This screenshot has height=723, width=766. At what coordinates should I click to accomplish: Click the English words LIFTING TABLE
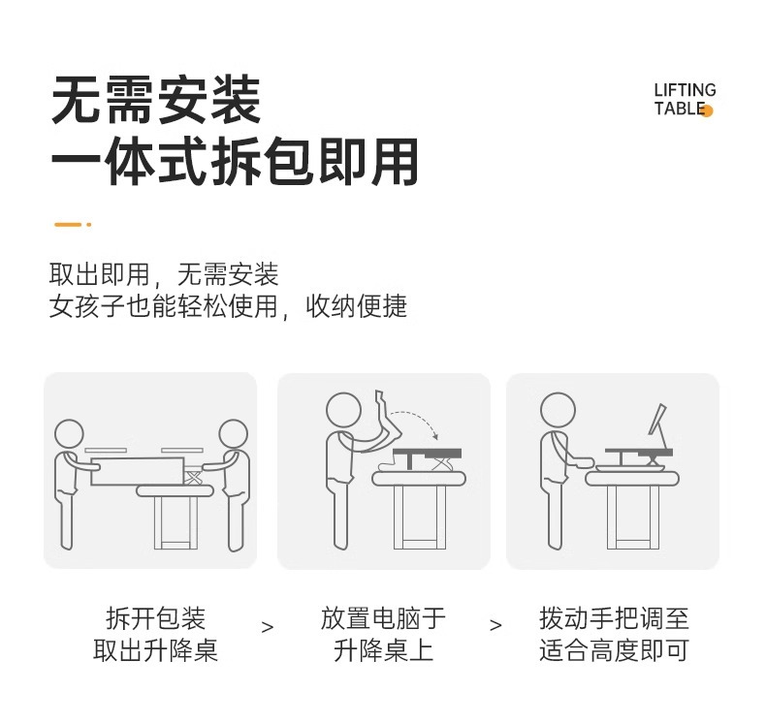(685, 99)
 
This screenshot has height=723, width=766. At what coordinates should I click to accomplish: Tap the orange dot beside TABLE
(707, 110)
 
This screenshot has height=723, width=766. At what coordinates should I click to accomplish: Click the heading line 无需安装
(156, 100)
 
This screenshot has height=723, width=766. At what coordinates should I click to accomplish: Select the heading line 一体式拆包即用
(235, 161)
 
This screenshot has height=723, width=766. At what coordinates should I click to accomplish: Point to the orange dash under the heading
(73, 225)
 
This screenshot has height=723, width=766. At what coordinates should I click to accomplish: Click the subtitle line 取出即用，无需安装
(164, 274)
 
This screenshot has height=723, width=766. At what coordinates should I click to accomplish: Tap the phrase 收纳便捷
(357, 306)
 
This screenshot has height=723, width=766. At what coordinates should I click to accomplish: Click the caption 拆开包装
(156, 618)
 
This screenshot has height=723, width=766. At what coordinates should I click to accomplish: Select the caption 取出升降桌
(156, 650)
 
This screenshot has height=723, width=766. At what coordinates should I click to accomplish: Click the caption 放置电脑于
(383, 618)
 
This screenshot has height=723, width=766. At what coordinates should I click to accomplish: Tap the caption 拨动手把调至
(614, 618)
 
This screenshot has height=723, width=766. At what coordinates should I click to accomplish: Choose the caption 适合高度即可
(614, 650)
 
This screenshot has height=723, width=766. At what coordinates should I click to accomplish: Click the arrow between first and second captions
(268, 627)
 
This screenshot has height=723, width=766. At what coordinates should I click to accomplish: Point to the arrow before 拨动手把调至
(495, 625)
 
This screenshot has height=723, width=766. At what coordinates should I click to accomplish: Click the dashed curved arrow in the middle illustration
(415, 420)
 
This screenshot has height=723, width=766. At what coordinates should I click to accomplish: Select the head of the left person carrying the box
(69, 433)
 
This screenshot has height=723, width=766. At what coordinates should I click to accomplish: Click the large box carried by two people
(138, 472)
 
